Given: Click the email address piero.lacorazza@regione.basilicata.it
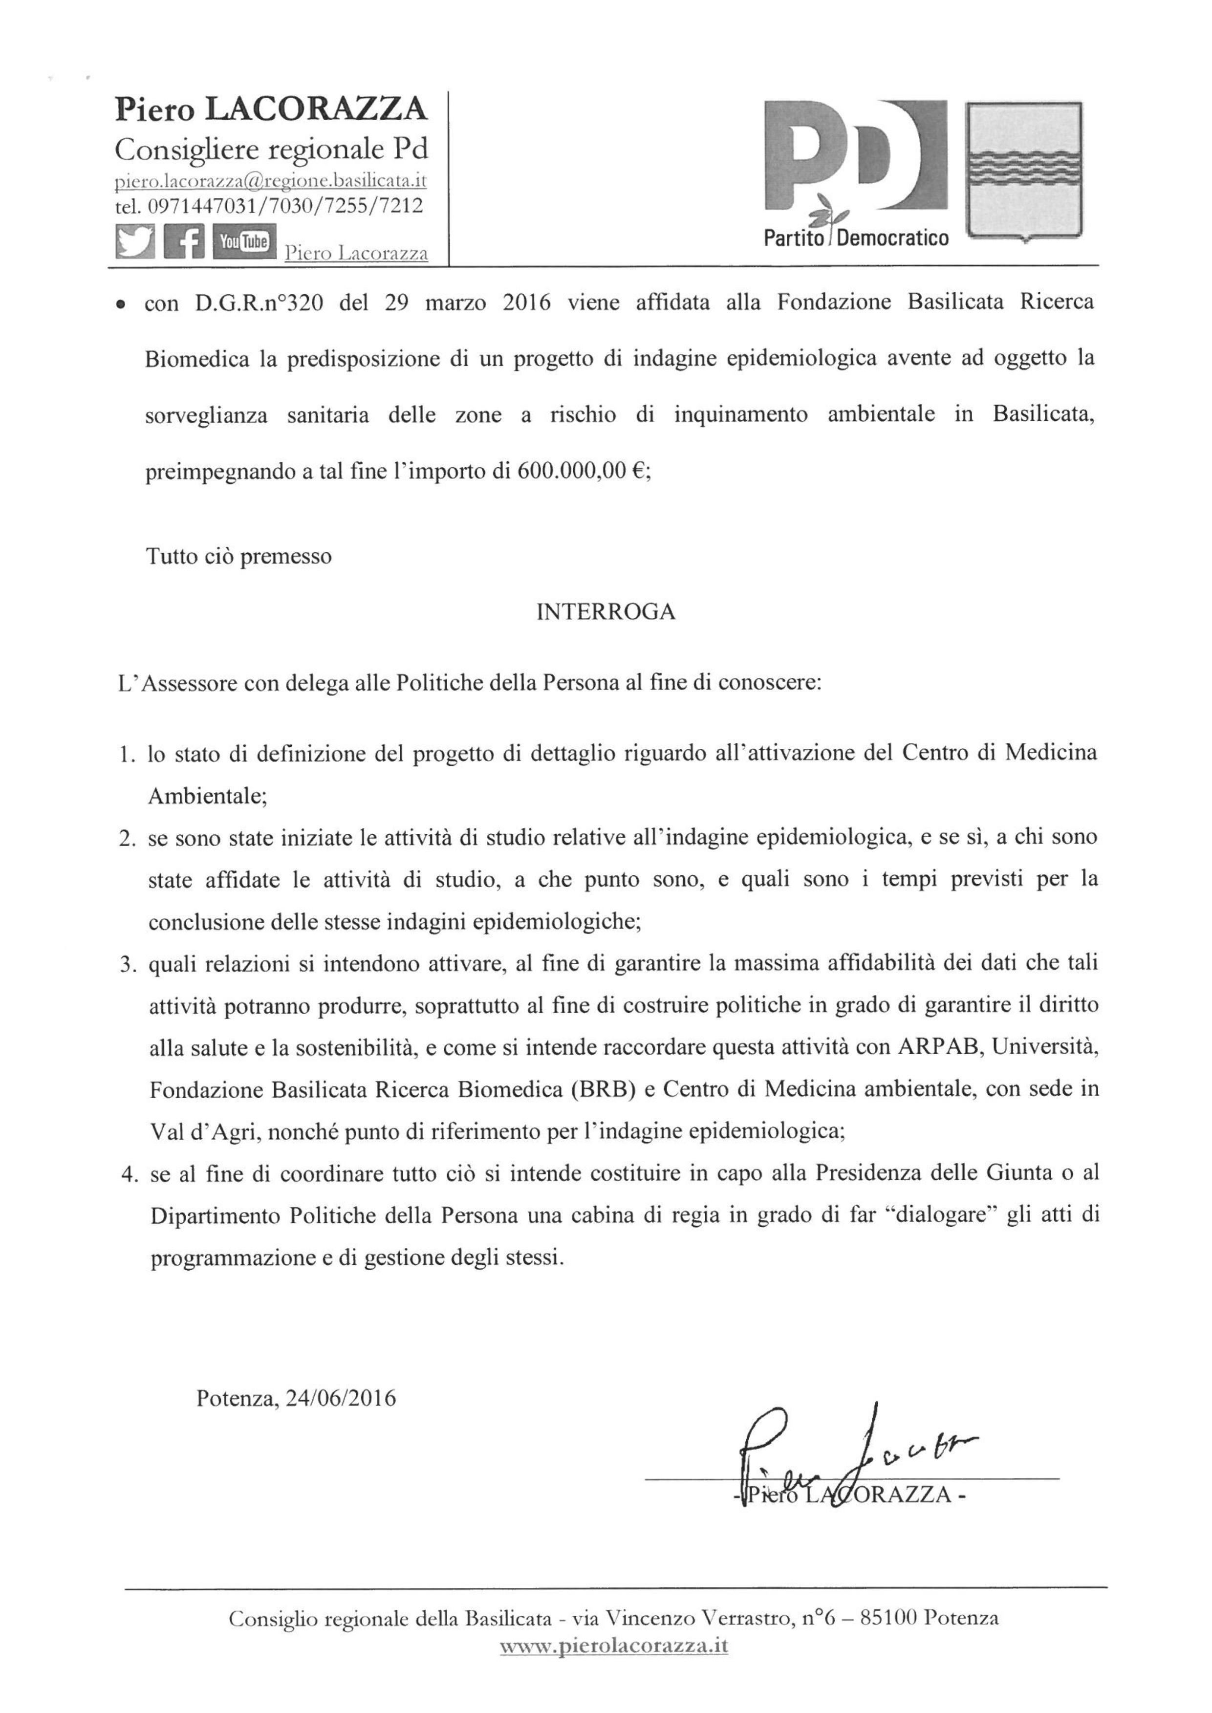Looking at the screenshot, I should click(x=271, y=181).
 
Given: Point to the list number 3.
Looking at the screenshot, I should click(x=127, y=963).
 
